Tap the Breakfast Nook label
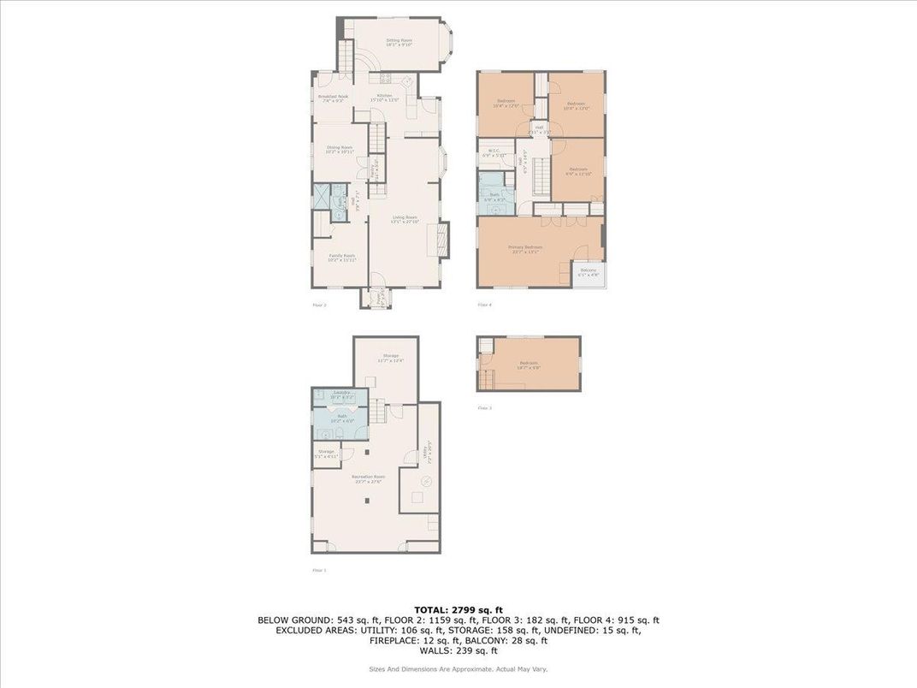coord(333,98)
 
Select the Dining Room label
coord(340,149)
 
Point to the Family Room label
coord(342,257)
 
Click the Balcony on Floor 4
coord(589,274)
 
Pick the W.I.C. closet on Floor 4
coord(494,153)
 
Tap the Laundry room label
coord(340,396)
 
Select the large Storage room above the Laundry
coord(386,358)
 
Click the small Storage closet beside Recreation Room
coord(326,453)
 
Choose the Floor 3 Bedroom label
coord(529,364)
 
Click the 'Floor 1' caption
coord(319,569)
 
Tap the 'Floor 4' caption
coord(484,305)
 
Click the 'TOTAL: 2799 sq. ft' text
coord(458,608)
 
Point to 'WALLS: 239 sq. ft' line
coord(458,650)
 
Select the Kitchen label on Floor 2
coord(386,97)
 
